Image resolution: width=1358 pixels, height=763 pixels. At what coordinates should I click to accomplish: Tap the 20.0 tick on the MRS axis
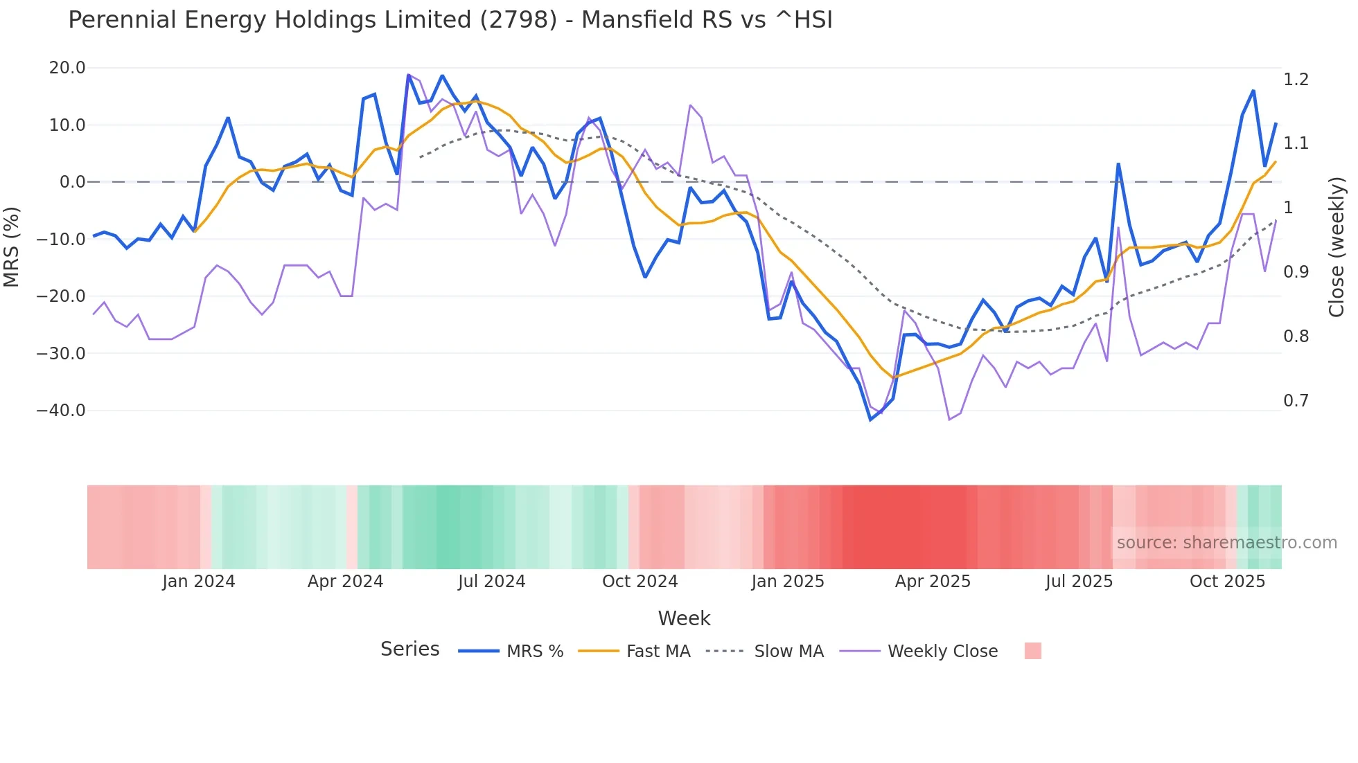67,68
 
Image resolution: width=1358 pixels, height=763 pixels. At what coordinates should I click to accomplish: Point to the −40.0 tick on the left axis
61,411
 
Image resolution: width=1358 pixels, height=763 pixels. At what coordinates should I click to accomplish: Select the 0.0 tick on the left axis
72,182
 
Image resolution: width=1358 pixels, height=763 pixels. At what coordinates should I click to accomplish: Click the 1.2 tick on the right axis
1296,80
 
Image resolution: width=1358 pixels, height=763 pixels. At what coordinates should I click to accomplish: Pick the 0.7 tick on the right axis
1296,401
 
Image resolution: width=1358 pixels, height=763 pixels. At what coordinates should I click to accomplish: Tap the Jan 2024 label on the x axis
199,582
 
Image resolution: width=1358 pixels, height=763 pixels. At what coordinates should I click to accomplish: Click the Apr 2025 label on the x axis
933,582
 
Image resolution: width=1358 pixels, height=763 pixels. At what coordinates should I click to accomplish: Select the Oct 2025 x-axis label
1227,582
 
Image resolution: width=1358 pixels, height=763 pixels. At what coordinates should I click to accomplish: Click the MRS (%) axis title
12,246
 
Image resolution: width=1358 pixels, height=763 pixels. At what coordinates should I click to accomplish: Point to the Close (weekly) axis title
1337,246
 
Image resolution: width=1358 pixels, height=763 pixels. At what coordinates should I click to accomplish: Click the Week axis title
684,618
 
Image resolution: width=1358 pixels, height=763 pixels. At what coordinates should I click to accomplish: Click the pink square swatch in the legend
1032,651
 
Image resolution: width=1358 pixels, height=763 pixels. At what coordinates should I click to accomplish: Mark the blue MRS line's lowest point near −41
871,420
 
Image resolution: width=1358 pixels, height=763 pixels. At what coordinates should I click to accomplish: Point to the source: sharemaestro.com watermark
1226,543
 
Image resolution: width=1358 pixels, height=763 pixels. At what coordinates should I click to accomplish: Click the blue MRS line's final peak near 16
1253,91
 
